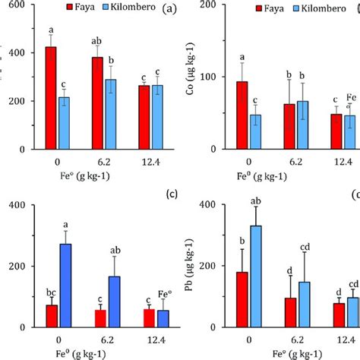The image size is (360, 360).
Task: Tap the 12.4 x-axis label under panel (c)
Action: tap(148, 343)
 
